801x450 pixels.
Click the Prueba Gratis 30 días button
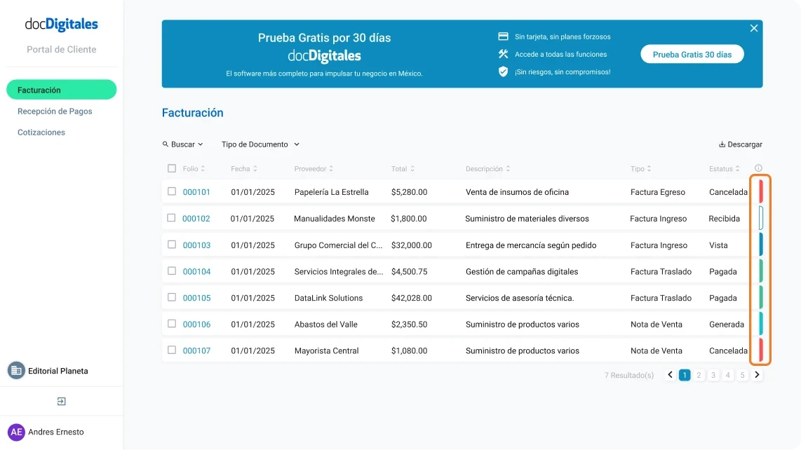point(692,55)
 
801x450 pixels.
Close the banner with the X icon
point(754,28)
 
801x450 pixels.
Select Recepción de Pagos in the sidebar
point(55,111)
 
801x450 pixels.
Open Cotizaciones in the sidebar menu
point(41,132)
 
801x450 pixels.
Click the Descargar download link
point(741,144)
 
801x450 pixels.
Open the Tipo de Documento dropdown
point(260,144)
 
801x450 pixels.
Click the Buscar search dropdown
point(183,144)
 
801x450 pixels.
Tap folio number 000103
point(196,245)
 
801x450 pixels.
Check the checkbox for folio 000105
point(172,297)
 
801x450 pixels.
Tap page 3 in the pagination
point(713,375)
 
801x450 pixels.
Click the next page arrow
point(757,375)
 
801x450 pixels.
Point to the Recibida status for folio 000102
point(724,219)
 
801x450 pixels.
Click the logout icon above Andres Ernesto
point(62,402)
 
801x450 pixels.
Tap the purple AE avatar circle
point(16,432)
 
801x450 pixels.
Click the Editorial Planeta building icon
point(16,371)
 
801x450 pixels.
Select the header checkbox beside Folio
point(172,168)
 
